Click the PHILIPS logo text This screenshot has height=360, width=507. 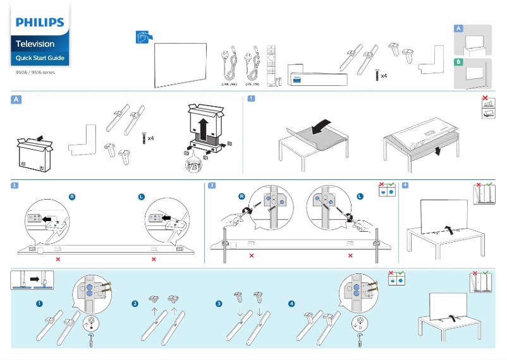click(x=40, y=23)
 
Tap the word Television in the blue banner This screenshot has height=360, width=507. click(x=35, y=44)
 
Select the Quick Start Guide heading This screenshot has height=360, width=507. click(x=40, y=58)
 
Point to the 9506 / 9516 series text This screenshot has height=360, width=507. click(x=35, y=73)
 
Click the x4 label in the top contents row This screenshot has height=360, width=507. click(x=384, y=76)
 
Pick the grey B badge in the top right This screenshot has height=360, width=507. click(x=459, y=62)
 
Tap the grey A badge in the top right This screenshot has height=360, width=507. click(x=459, y=29)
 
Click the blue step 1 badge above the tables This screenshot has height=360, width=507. click(x=251, y=99)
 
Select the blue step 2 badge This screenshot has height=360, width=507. click(x=15, y=186)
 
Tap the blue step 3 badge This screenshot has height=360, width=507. click(x=212, y=186)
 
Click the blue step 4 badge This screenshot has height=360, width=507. click(x=405, y=186)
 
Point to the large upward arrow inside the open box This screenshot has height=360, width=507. click(x=204, y=129)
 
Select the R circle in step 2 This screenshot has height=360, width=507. click(x=72, y=197)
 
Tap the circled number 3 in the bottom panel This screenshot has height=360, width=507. click(x=219, y=304)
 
